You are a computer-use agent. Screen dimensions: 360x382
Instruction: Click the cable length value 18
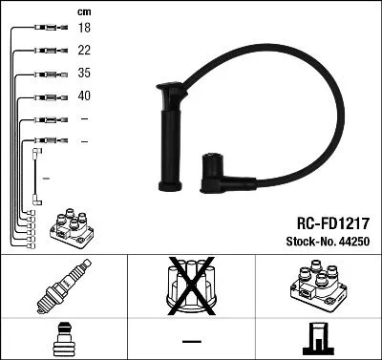click(x=84, y=30)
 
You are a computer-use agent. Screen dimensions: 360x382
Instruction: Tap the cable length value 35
click(x=84, y=74)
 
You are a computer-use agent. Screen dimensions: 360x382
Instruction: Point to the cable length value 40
click(x=84, y=95)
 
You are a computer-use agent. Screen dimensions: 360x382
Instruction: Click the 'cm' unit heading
click(x=83, y=11)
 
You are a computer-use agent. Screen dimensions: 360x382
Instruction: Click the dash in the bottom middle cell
click(x=190, y=340)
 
